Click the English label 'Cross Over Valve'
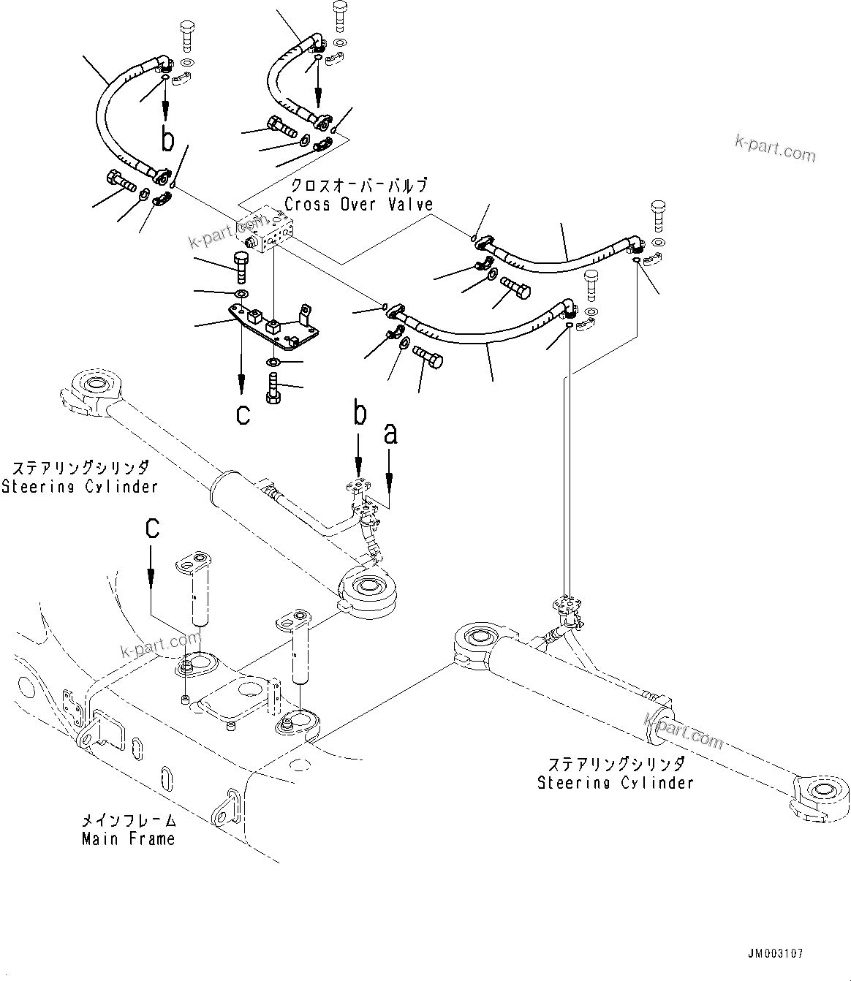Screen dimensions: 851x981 [x=358, y=205]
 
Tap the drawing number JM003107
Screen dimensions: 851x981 [x=775, y=953]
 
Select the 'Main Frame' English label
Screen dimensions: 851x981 [x=128, y=838]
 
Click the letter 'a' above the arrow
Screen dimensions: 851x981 [x=390, y=434]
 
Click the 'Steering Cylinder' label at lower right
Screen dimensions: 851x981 [x=615, y=783]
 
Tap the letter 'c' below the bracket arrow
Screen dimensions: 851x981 [x=243, y=414]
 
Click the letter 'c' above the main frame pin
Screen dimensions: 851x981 [x=151, y=528]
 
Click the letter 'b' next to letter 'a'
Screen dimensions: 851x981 [x=359, y=414]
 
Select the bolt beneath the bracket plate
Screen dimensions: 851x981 [x=274, y=386]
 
